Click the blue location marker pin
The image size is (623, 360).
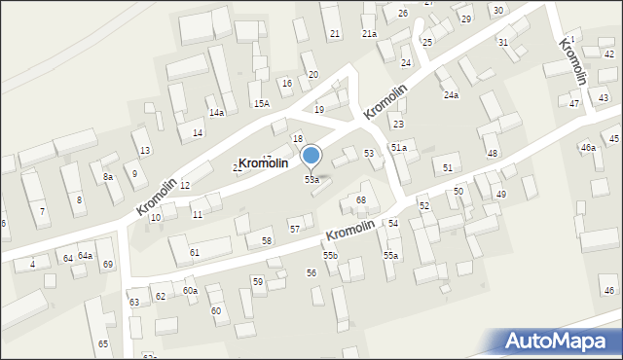311,156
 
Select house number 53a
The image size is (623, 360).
311,180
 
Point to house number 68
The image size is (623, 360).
361,200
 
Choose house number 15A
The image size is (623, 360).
261,103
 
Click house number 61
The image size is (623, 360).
195,252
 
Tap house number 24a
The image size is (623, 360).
451,95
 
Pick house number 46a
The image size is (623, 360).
588,148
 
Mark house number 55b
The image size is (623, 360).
331,255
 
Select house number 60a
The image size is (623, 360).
190,290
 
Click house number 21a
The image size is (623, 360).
369,33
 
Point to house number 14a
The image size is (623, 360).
216,113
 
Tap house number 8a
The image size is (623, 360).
108,176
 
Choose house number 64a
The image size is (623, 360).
86,255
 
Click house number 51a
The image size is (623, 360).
399,146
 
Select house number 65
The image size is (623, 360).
103,344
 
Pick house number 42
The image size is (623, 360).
609,54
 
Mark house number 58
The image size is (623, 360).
267,240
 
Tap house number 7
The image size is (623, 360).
41,211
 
